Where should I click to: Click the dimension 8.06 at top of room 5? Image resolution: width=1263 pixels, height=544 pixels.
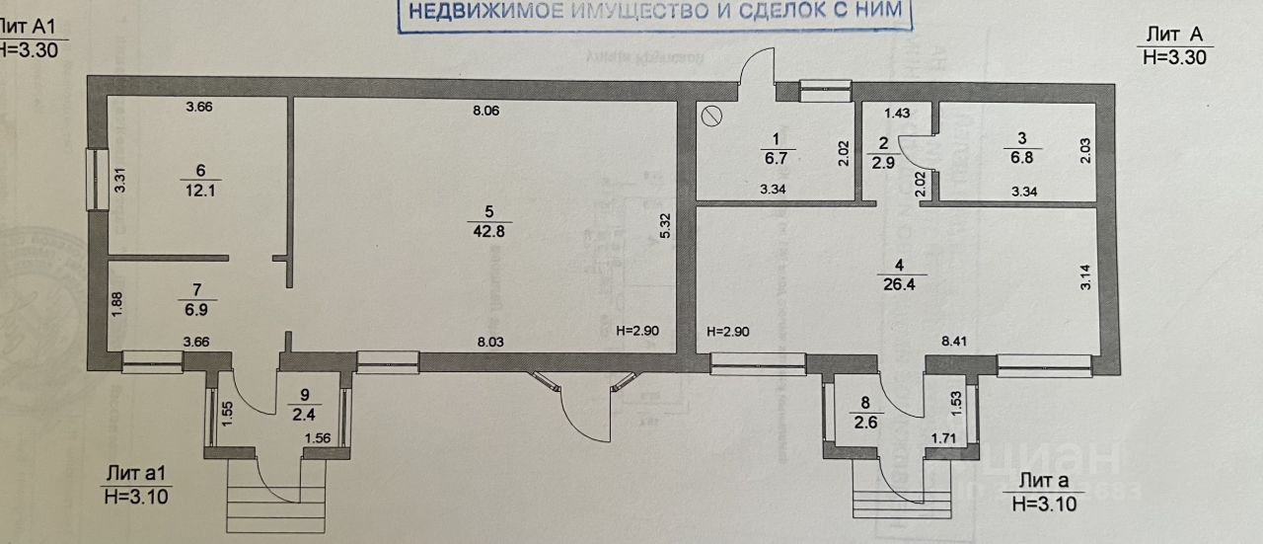pos(486,112)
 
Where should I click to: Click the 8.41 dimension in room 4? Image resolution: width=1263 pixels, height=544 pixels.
pos(955,340)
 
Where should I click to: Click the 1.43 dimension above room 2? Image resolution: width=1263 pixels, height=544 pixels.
pos(896,115)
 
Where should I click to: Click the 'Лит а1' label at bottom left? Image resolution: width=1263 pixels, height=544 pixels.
pos(136,476)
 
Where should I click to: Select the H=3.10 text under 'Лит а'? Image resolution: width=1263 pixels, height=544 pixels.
pos(1043,504)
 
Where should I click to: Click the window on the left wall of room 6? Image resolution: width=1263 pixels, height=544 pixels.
pos(97,179)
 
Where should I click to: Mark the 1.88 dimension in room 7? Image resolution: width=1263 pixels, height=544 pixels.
pos(116,303)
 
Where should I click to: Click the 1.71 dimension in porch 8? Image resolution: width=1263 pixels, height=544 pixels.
pos(945,435)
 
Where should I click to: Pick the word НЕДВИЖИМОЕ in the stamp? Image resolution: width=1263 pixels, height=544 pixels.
pos(483,13)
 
